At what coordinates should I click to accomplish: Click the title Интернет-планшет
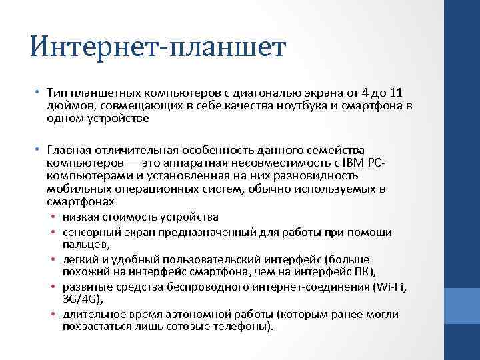coord(158,48)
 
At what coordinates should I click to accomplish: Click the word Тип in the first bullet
coord(57,93)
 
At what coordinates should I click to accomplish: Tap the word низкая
coord(81,217)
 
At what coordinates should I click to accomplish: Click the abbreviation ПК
coord(363,271)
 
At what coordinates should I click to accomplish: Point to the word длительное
coord(92,315)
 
